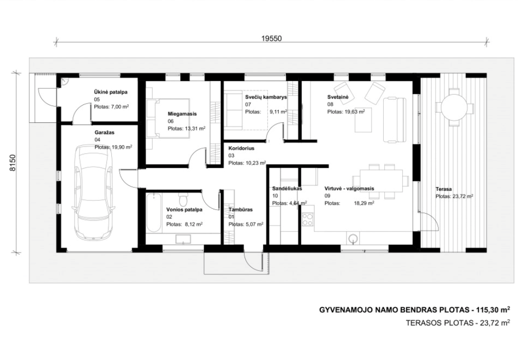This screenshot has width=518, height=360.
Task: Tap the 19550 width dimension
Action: pyautogui.click(x=271, y=38)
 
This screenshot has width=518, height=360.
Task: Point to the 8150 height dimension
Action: pyautogui.click(x=12, y=163)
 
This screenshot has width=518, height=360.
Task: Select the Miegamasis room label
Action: pyautogui.click(x=182, y=114)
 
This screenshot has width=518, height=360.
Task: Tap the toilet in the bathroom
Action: pyautogui.click(x=183, y=199)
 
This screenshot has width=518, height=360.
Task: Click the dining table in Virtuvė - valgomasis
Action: pyautogui.click(x=381, y=180)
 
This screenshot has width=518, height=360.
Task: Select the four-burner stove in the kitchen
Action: pyautogui.click(x=308, y=219)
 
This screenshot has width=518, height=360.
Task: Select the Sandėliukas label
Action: pyautogui.click(x=287, y=189)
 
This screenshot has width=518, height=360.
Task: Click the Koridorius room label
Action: pyautogui.click(x=241, y=149)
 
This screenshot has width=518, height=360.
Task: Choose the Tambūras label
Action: pyautogui.click(x=241, y=210)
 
